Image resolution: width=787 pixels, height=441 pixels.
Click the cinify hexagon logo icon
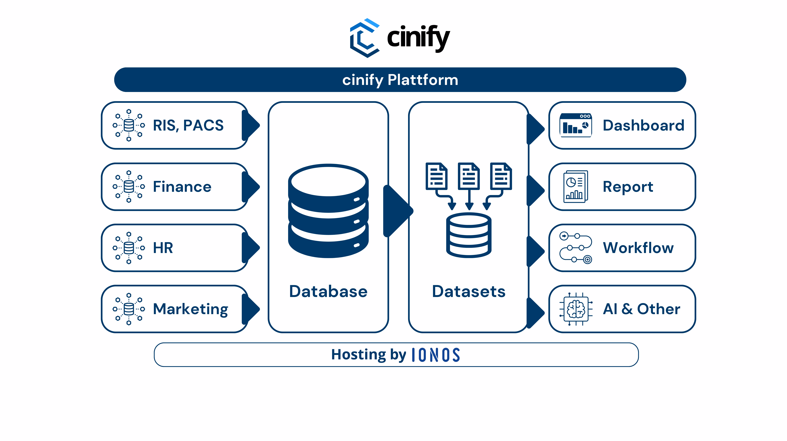[365, 38]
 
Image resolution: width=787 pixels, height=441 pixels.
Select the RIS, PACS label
[188, 125]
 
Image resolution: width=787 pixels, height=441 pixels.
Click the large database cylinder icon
[328, 211]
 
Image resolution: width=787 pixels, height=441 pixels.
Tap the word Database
[328, 291]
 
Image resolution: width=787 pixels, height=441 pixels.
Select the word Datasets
[469, 291]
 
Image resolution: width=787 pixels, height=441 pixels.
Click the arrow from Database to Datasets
[397, 211]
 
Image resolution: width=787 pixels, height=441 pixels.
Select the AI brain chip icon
[576, 309]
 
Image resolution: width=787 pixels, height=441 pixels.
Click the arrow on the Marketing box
[251, 309]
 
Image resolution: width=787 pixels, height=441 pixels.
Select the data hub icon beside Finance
[129, 186]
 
